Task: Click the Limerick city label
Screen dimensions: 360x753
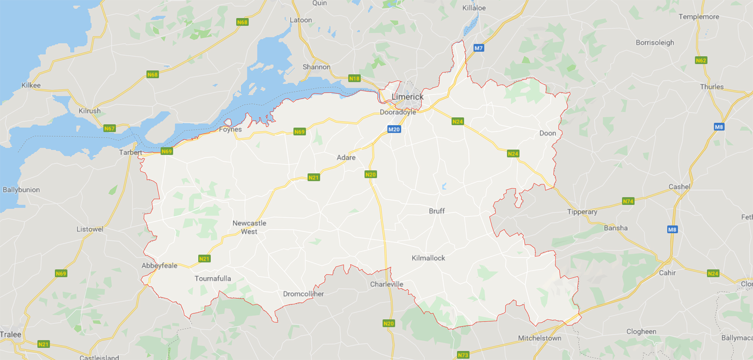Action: [407, 97]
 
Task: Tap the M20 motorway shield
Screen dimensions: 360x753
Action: [394, 129]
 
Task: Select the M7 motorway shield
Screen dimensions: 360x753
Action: [479, 48]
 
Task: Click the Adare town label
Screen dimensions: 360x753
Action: [346, 157]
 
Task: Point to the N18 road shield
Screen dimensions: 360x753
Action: [354, 78]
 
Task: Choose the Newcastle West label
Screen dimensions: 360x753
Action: [249, 227]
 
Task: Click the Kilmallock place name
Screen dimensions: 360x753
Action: [428, 258]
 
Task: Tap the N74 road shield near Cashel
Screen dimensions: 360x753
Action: [628, 201]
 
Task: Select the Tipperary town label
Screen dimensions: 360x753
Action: [582, 212]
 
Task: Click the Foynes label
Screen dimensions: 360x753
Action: [230, 129]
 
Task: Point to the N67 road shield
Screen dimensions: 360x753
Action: [109, 128]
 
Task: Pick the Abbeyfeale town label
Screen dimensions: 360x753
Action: [159, 266]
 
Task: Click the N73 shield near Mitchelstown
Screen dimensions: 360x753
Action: [463, 355]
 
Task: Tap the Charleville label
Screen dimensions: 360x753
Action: [386, 284]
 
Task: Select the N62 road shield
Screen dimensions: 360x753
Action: [701, 60]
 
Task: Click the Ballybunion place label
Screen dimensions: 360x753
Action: [21, 190]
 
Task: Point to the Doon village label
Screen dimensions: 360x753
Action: [547, 133]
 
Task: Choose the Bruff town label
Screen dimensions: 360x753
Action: [437, 211]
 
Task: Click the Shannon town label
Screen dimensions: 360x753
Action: [316, 67]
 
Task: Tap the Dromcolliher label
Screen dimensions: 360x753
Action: [303, 294]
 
